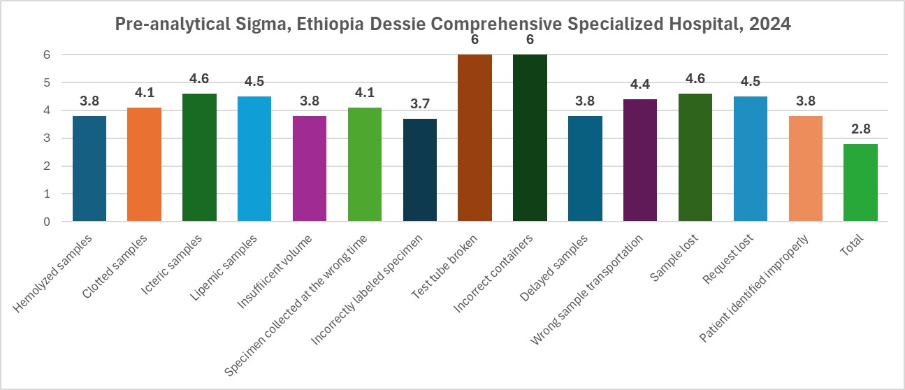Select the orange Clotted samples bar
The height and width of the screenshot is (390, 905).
[x=144, y=165]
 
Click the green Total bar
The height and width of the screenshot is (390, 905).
[x=860, y=183]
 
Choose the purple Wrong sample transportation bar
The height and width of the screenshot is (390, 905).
[x=640, y=161]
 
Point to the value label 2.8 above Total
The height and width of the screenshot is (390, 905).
[x=860, y=130]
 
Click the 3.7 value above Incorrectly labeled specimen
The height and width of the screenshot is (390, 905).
[x=420, y=105]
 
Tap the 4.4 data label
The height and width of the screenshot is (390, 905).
[x=640, y=85]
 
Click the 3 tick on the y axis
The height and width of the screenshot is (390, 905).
[x=48, y=138]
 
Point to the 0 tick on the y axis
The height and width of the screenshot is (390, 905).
[x=48, y=222]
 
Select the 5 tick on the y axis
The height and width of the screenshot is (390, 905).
[x=48, y=82]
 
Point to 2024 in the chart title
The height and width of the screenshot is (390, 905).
[x=772, y=24]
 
